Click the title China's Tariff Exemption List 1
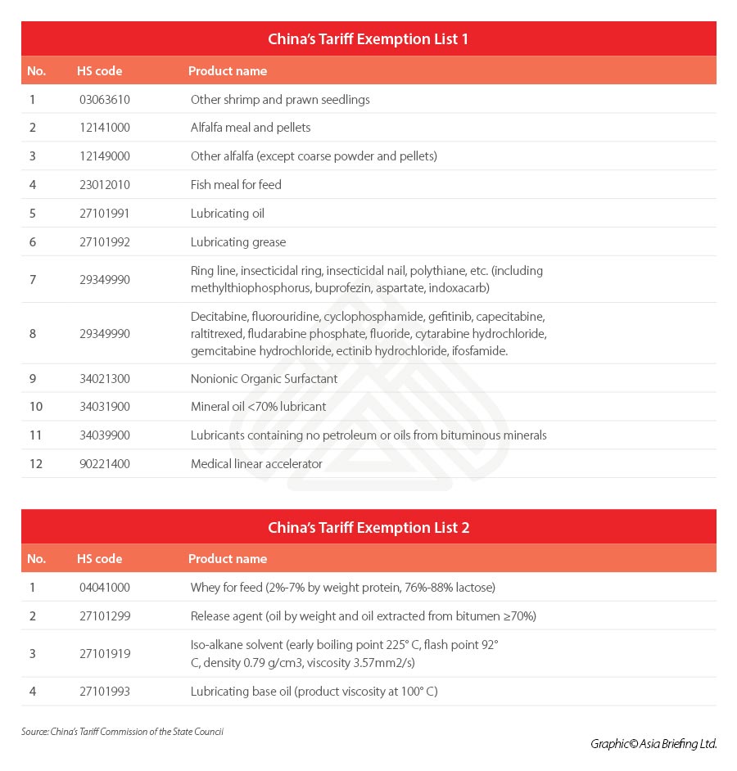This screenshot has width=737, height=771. click(368, 39)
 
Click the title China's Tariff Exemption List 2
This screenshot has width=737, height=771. click(368, 528)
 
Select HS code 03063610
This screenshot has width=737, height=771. click(103, 100)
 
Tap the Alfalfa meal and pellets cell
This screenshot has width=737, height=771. click(251, 128)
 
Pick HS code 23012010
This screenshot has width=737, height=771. click(103, 185)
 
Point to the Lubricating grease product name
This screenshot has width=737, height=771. click(238, 242)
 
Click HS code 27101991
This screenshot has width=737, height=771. click(103, 214)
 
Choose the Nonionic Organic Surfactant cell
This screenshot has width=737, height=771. click(264, 379)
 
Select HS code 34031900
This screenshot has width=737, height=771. click(103, 407)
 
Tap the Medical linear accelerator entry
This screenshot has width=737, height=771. click(256, 464)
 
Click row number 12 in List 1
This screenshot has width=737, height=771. click(34, 464)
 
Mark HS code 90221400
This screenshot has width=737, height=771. click(103, 464)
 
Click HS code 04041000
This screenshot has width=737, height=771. click(103, 588)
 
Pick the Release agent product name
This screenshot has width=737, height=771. click(363, 616)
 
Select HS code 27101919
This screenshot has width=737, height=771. click(103, 654)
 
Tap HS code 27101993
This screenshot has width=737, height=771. click(103, 692)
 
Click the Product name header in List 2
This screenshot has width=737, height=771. click(228, 559)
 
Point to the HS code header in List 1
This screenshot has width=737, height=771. click(99, 71)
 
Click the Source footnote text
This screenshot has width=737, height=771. click(122, 732)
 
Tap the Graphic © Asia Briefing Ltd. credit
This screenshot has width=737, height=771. click(653, 744)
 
